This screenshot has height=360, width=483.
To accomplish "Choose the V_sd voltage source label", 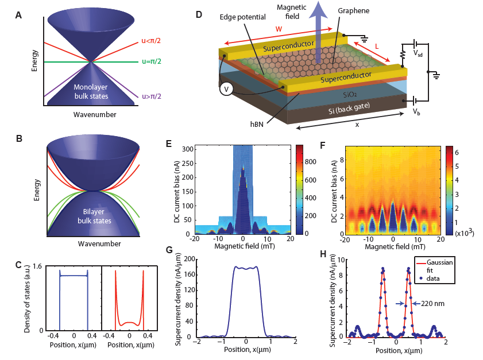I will tap(420, 53).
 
